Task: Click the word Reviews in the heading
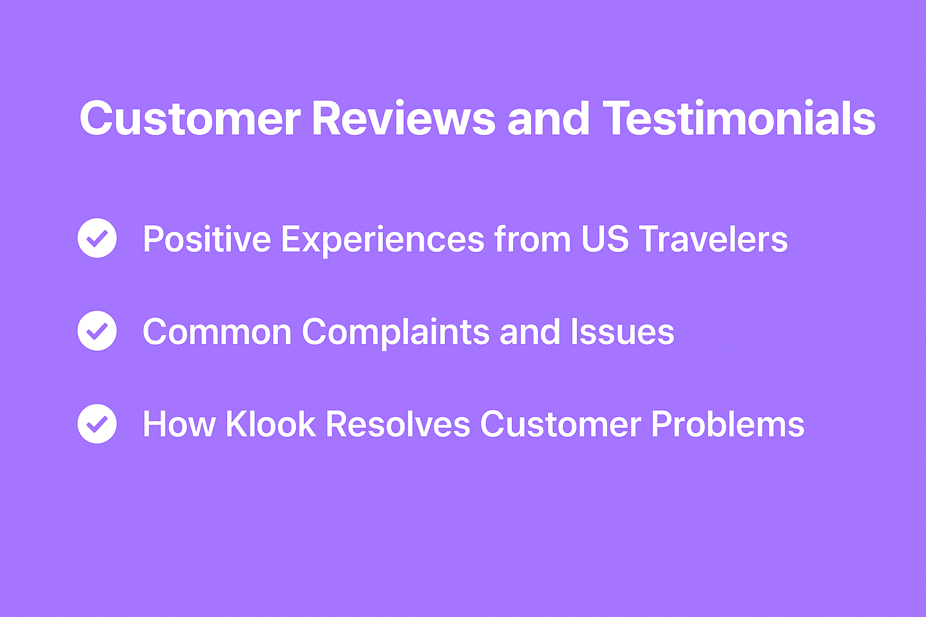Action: [403, 119]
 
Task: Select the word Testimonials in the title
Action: [739, 118]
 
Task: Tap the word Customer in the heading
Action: [191, 119]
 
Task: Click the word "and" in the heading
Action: [548, 118]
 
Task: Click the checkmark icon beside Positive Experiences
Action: [97, 238]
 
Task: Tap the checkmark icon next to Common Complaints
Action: [97, 331]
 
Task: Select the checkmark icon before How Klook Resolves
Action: [97, 424]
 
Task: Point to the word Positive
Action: [207, 239]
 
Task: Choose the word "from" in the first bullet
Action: [533, 239]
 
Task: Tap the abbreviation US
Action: [605, 239]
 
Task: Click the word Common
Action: [218, 331]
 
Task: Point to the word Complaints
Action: [396, 333]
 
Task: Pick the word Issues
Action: [623, 331]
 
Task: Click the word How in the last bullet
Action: [179, 424]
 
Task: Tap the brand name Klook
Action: [271, 424]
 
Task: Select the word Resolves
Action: [398, 424]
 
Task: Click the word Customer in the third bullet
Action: [561, 424]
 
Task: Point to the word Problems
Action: [728, 424]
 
